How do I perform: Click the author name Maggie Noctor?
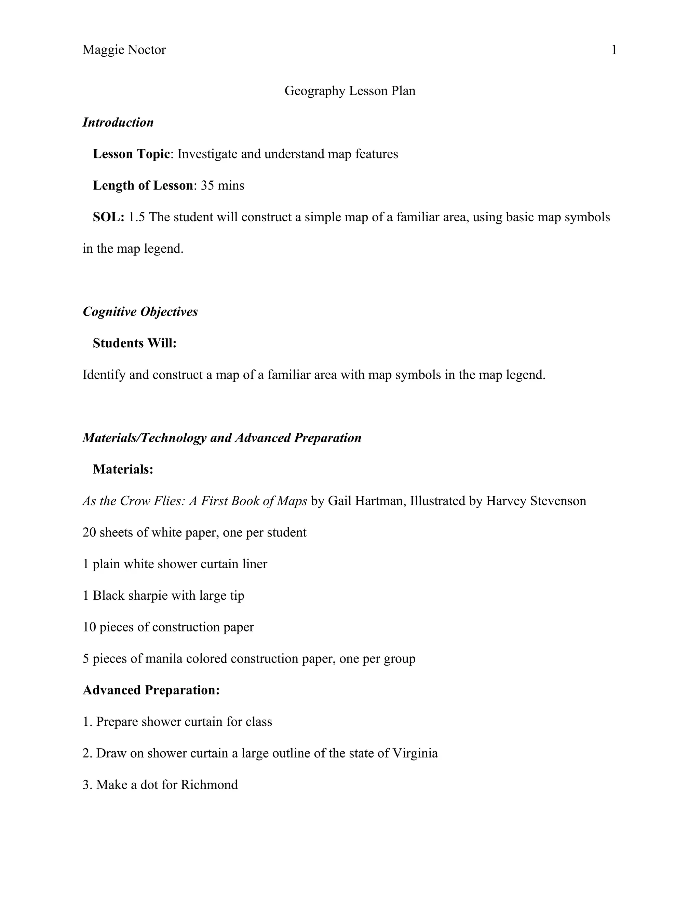point(124,50)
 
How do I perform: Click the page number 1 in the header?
point(614,50)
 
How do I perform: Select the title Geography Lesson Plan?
point(350,91)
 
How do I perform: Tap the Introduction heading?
point(118,122)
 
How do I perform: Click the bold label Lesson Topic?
point(131,154)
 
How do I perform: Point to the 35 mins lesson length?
point(222,185)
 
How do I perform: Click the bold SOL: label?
point(109,217)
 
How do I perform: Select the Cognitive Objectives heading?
point(140,311)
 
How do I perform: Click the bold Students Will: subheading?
point(135,343)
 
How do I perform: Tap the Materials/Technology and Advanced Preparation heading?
point(222,437)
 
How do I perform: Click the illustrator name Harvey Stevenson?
point(536,501)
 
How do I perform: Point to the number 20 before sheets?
point(89,532)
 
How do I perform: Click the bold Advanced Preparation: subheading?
point(151,690)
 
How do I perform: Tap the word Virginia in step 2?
point(415,753)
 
